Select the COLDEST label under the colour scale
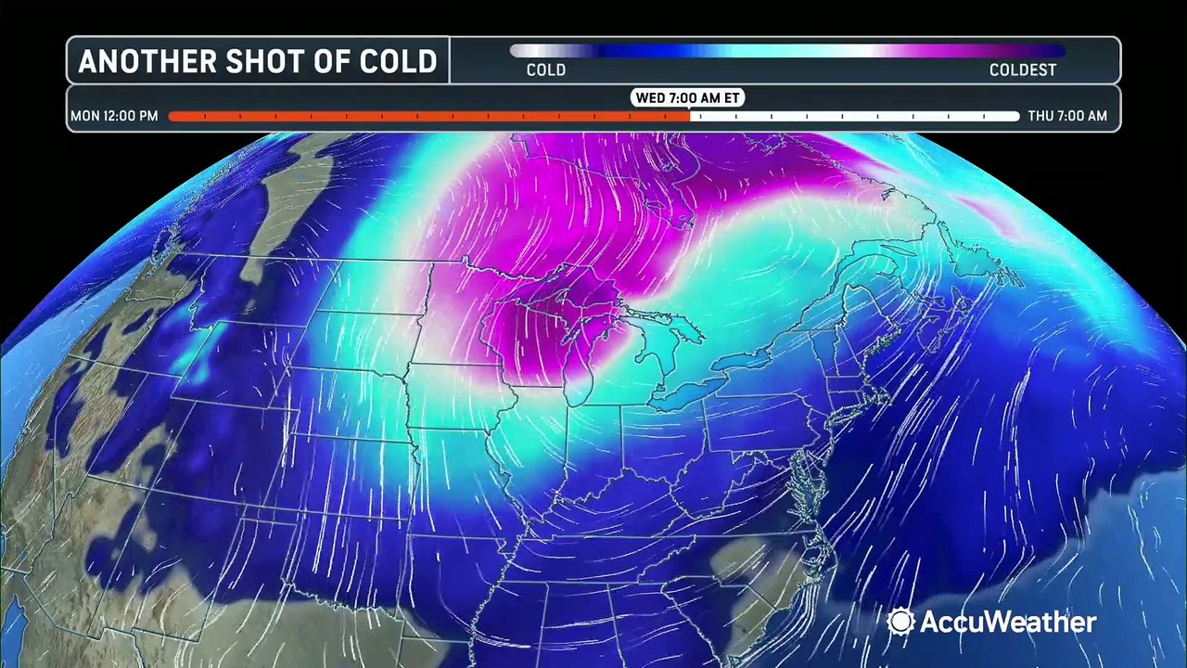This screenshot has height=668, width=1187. click(x=1022, y=70)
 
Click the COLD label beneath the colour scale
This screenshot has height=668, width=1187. click(x=545, y=70)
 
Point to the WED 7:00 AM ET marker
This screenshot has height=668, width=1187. click(x=688, y=97)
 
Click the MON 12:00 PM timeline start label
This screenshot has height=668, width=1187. click(x=114, y=116)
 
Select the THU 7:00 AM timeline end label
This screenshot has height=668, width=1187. click(x=1067, y=116)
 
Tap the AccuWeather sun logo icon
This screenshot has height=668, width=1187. click(x=900, y=622)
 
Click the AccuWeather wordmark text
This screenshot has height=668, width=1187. click(x=1006, y=622)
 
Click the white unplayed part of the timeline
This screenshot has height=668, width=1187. click(x=853, y=116)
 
